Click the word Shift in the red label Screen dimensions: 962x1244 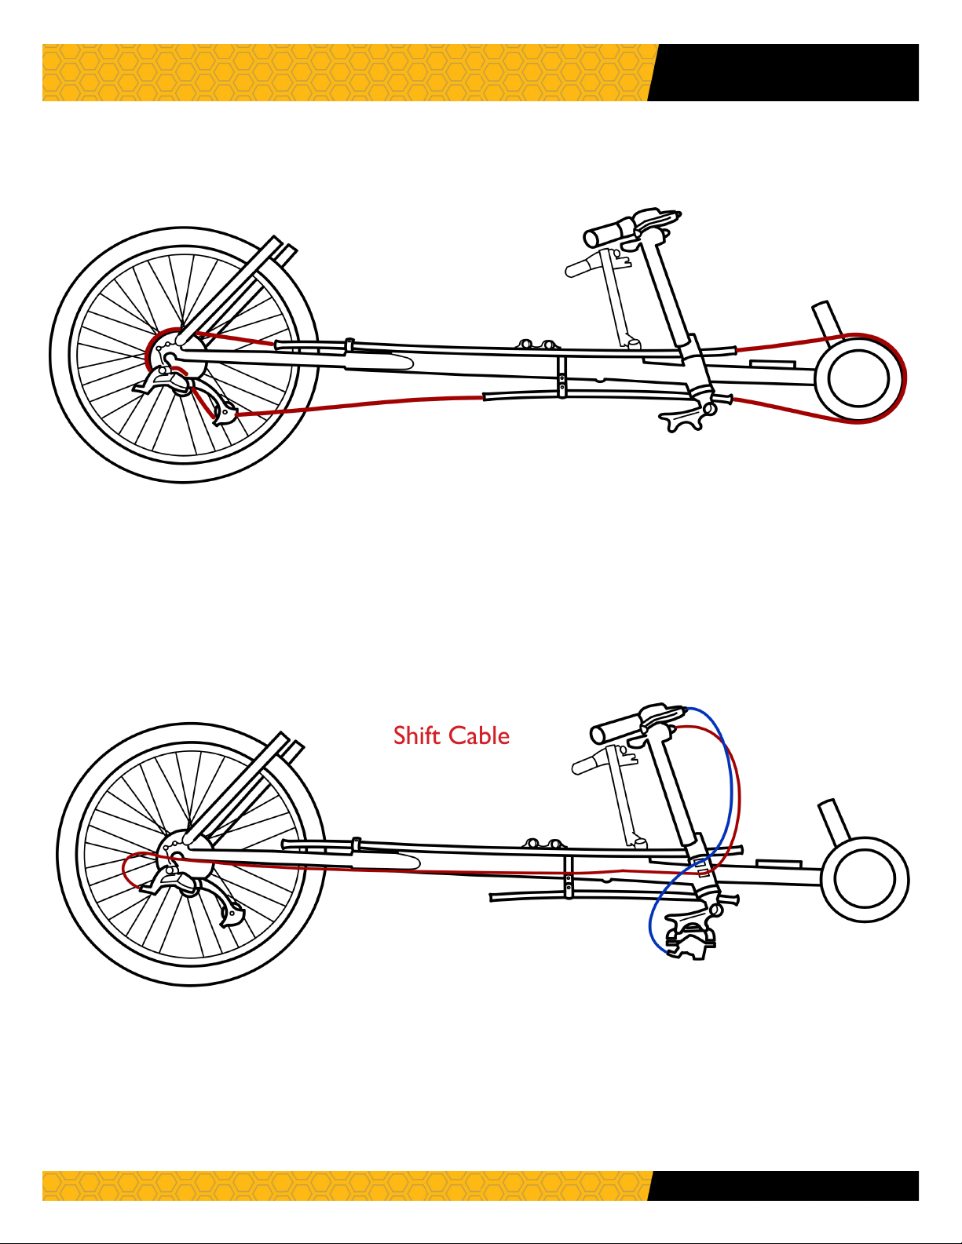click(x=415, y=735)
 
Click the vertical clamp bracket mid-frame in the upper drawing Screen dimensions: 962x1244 click(x=562, y=378)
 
